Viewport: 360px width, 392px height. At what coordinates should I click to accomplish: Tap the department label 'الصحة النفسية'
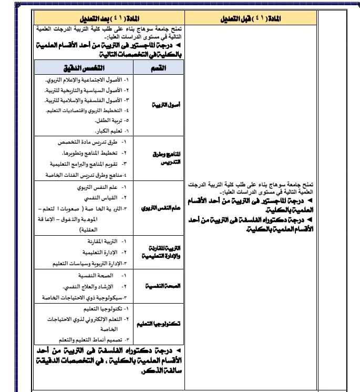coord(156,286)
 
